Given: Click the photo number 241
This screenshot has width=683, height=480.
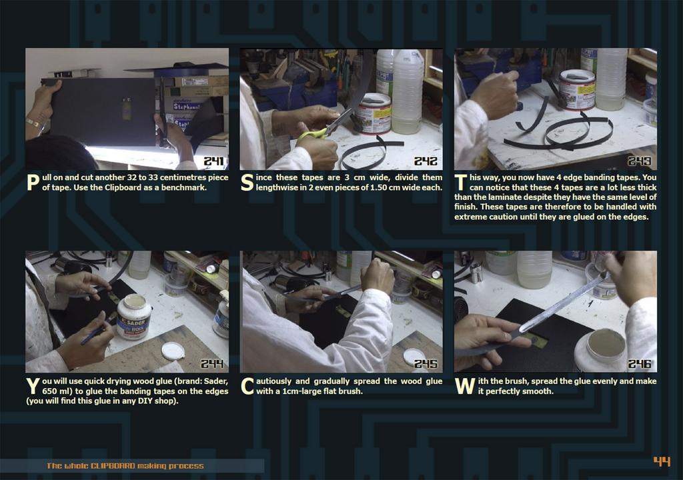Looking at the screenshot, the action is click(x=214, y=161).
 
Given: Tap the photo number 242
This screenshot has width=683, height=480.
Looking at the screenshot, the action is click(x=426, y=161).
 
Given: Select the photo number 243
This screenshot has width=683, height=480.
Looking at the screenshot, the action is click(x=640, y=161).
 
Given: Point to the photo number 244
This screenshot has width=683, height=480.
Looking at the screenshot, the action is click(x=212, y=364).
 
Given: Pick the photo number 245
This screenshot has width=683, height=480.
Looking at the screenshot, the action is click(x=426, y=364).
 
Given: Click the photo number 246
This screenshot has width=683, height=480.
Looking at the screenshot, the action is click(x=640, y=364).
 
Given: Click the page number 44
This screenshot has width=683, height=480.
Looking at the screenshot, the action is click(x=662, y=461).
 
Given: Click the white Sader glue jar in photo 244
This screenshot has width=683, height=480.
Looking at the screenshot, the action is click(x=133, y=317).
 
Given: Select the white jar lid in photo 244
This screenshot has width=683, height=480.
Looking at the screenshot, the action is click(x=173, y=351).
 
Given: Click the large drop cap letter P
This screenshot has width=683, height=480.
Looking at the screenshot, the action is click(x=33, y=183).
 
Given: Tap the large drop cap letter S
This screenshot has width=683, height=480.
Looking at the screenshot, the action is click(x=247, y=183).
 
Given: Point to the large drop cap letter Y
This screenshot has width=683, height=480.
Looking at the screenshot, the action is click(x=33, y=387).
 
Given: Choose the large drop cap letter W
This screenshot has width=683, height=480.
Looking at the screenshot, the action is click(x=465, y=387).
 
